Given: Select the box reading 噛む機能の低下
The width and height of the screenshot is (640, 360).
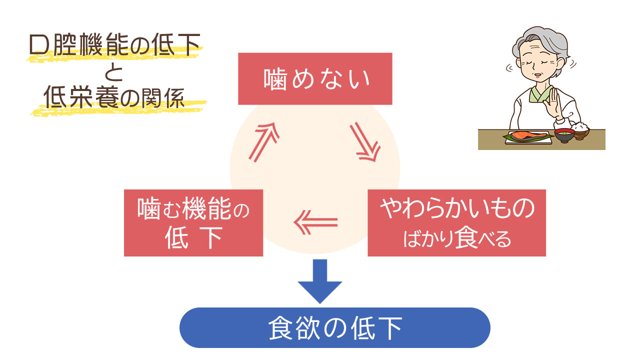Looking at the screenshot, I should pyautogui.click(x=193, y=222).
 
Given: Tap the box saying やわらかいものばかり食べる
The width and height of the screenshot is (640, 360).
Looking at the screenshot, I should pyautogui.click(x=456, y=222).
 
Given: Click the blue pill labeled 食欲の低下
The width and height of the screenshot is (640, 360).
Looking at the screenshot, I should pyautogui.click(x=334, y=327).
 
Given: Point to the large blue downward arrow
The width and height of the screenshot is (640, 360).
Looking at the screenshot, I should pyautogui.click(x=320, y=280).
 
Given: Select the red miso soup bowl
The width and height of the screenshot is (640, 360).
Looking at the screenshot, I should pyautogui.click(x=564, y=134).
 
